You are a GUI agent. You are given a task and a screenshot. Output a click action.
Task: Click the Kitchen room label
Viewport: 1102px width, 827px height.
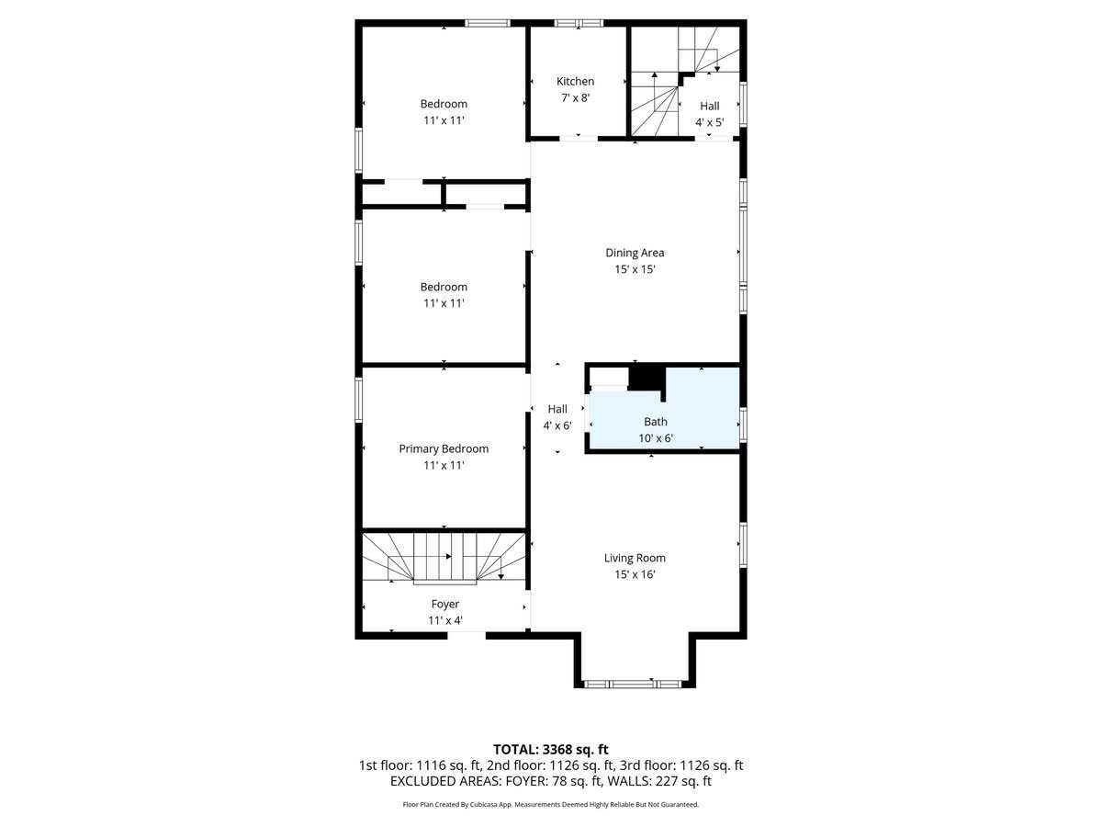pyautogui.click(x=575, y=82)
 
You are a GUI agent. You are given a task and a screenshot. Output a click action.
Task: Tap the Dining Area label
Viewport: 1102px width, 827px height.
pyautogui.click(x=634, y=253)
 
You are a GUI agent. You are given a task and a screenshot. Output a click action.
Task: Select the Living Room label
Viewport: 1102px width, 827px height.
pyautogui.click(x=635, y=558)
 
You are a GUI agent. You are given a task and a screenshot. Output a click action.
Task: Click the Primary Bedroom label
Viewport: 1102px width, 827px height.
pyautogui.click(x=444, y=448)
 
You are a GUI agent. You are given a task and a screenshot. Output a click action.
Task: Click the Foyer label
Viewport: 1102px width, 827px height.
pyautogui.click(x=444, y=604)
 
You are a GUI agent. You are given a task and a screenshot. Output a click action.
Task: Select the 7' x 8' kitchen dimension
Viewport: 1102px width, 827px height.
pyautogui.click(x=575, y=97)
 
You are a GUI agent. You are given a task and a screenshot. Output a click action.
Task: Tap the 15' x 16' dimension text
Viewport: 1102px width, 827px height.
pyautogui.click(x=635, y=574)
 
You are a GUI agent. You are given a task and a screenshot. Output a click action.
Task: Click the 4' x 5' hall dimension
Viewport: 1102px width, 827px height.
pyautogui.click(x=709, y=122)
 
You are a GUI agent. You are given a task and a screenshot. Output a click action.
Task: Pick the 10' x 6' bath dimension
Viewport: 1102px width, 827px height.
pyautogui.click(x=656, y=438)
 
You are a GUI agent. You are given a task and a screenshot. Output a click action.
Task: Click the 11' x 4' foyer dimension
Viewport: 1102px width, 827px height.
pyautogui.click(x=444, y=620)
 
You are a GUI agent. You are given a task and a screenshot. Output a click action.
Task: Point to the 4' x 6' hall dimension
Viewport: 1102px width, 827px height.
pyautogui.click(x=557, y=425)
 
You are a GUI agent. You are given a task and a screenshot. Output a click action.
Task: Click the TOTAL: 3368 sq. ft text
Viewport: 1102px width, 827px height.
pyautogui.click(x=550, y=749)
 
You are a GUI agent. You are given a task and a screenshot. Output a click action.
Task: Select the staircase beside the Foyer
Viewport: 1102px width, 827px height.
pyautogui.click(x=444, y=557)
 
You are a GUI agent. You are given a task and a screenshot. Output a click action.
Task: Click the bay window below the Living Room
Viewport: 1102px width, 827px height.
pyautogui.click(x=633, y=684)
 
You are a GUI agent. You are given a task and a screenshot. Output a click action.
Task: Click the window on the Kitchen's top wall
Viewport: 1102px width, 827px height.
pyautogui.click(x=579, y=23)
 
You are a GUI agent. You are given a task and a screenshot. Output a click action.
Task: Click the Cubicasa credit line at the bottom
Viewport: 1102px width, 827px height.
pyautogui.click(x=550, y=804)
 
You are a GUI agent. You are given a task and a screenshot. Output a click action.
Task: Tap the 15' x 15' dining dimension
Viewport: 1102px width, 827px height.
pyautogui.click(x=635, y=269)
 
